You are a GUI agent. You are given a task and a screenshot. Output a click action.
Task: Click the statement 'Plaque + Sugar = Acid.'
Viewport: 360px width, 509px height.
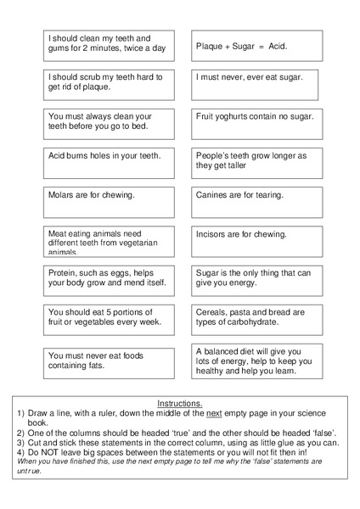point(257,46)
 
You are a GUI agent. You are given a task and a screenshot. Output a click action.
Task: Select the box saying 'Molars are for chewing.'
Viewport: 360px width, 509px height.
point(109,202)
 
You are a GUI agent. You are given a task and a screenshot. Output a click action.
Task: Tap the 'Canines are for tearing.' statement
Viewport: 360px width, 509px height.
point(257,202)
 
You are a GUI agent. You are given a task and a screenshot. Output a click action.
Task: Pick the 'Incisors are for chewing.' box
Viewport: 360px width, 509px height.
point(257,241)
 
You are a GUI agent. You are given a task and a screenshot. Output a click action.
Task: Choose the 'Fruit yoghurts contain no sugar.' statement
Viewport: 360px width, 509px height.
point(257,124)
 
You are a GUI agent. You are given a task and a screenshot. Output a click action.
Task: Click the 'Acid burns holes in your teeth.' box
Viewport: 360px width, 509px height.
point(109,163)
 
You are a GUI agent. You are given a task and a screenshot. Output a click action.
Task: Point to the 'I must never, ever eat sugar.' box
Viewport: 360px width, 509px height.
point(257,85)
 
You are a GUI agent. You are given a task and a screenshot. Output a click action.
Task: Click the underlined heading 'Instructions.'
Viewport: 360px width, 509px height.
point(180,403)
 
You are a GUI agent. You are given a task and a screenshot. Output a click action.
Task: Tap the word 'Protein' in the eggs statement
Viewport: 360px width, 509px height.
point(65,272)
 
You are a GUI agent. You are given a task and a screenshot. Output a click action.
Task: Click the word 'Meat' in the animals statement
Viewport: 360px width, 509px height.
point(59,233)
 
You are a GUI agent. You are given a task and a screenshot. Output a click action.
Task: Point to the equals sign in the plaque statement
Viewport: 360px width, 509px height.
point(262,46)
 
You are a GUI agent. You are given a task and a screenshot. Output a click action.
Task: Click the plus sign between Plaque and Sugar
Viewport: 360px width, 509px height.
point(228,46)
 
